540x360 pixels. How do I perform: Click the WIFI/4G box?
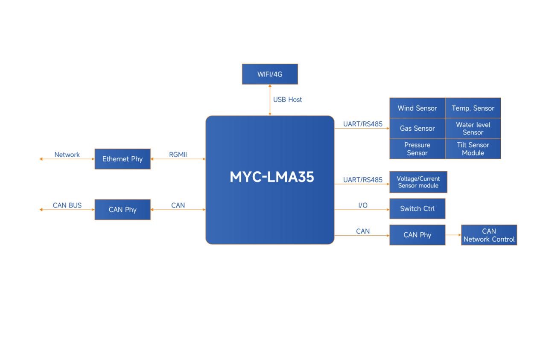[x=269, y=74]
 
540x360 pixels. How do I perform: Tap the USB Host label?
[x=287, y=100]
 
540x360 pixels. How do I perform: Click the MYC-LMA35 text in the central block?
[x=271, y=177]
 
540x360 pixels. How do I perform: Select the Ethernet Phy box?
[x=123, y=159]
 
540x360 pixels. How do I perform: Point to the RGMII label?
[x=178, y=155]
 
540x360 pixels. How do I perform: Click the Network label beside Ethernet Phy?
[x=67, y=155]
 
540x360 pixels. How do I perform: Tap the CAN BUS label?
[x=67, y=205]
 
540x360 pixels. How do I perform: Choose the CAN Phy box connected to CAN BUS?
[x=123, y=210]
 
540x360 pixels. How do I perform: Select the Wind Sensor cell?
[x=417, y=108]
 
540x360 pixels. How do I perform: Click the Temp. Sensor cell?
[x=473, y=108]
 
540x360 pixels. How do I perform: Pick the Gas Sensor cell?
[x=417, y=128]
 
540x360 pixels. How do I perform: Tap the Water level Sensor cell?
[x=473, y=128]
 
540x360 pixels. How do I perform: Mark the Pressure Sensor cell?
[x=417, y=149]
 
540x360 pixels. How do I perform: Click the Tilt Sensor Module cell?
[x=473, y=149]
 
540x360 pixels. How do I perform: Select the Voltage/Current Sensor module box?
[x=418, y=182]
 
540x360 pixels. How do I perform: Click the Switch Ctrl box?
[x=417, y=209]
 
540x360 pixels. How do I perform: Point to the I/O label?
[x=363, y=205]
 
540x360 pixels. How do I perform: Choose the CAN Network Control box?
[x=489, y=235]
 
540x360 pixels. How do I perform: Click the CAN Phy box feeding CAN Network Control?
[x=417, y=235]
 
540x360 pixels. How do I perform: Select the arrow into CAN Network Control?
[x=453, y=235]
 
